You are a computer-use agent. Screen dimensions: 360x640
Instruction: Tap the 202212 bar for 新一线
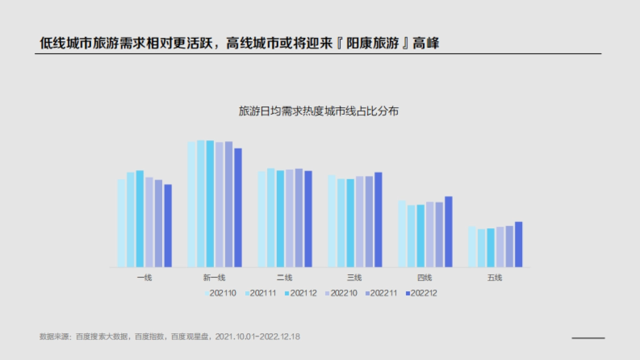238,207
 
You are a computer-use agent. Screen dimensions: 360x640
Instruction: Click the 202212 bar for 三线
378,219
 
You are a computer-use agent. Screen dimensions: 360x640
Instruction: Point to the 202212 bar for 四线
449,231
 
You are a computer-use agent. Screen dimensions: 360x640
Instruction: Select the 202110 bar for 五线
471,246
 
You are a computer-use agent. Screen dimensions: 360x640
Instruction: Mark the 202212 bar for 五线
518,244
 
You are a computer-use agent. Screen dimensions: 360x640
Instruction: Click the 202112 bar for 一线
140,219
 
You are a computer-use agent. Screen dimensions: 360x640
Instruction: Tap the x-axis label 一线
145,278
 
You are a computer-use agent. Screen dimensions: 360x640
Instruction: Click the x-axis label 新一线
214,278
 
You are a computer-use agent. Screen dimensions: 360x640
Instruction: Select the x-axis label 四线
425,278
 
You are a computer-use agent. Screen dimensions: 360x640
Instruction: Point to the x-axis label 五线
494,278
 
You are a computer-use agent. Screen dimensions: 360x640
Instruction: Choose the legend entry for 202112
300,293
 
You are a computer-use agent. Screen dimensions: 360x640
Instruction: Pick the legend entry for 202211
380,293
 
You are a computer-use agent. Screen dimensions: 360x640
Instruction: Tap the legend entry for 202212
421,293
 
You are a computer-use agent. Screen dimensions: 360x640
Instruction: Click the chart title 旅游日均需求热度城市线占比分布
319,112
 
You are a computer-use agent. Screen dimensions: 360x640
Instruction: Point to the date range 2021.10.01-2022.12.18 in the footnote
257,337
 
